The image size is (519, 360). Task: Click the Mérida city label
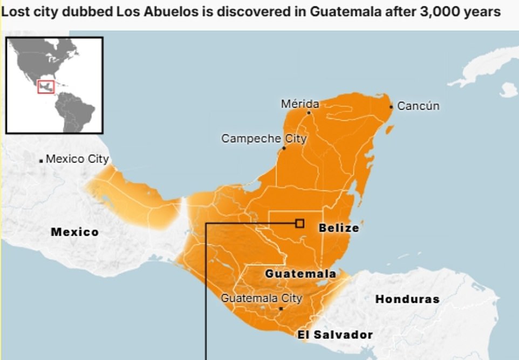[x=300, y=104]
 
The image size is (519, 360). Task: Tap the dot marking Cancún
[x=391, y=106]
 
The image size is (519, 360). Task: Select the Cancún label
[x=418, y=106]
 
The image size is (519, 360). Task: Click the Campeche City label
[x=264, y=139]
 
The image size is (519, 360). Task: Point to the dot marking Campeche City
[x=284, y=148]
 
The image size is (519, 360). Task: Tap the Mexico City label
[x=77, y=159]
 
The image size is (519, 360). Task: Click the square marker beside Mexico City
[x=41, y=161]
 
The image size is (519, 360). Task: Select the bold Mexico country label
[x=74, y=232]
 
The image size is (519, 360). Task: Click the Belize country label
[x=338, y=228]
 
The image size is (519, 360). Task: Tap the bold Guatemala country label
[x=301, y=274]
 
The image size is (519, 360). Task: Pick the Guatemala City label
[x=262, y=298]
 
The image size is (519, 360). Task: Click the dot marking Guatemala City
[x=281, y=309]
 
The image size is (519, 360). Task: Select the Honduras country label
[x=407, y=298]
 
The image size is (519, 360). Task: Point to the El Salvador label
[x=335, y=335]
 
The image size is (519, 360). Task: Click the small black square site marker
[x=299, y=223]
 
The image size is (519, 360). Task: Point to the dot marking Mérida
[x=309, y=113]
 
